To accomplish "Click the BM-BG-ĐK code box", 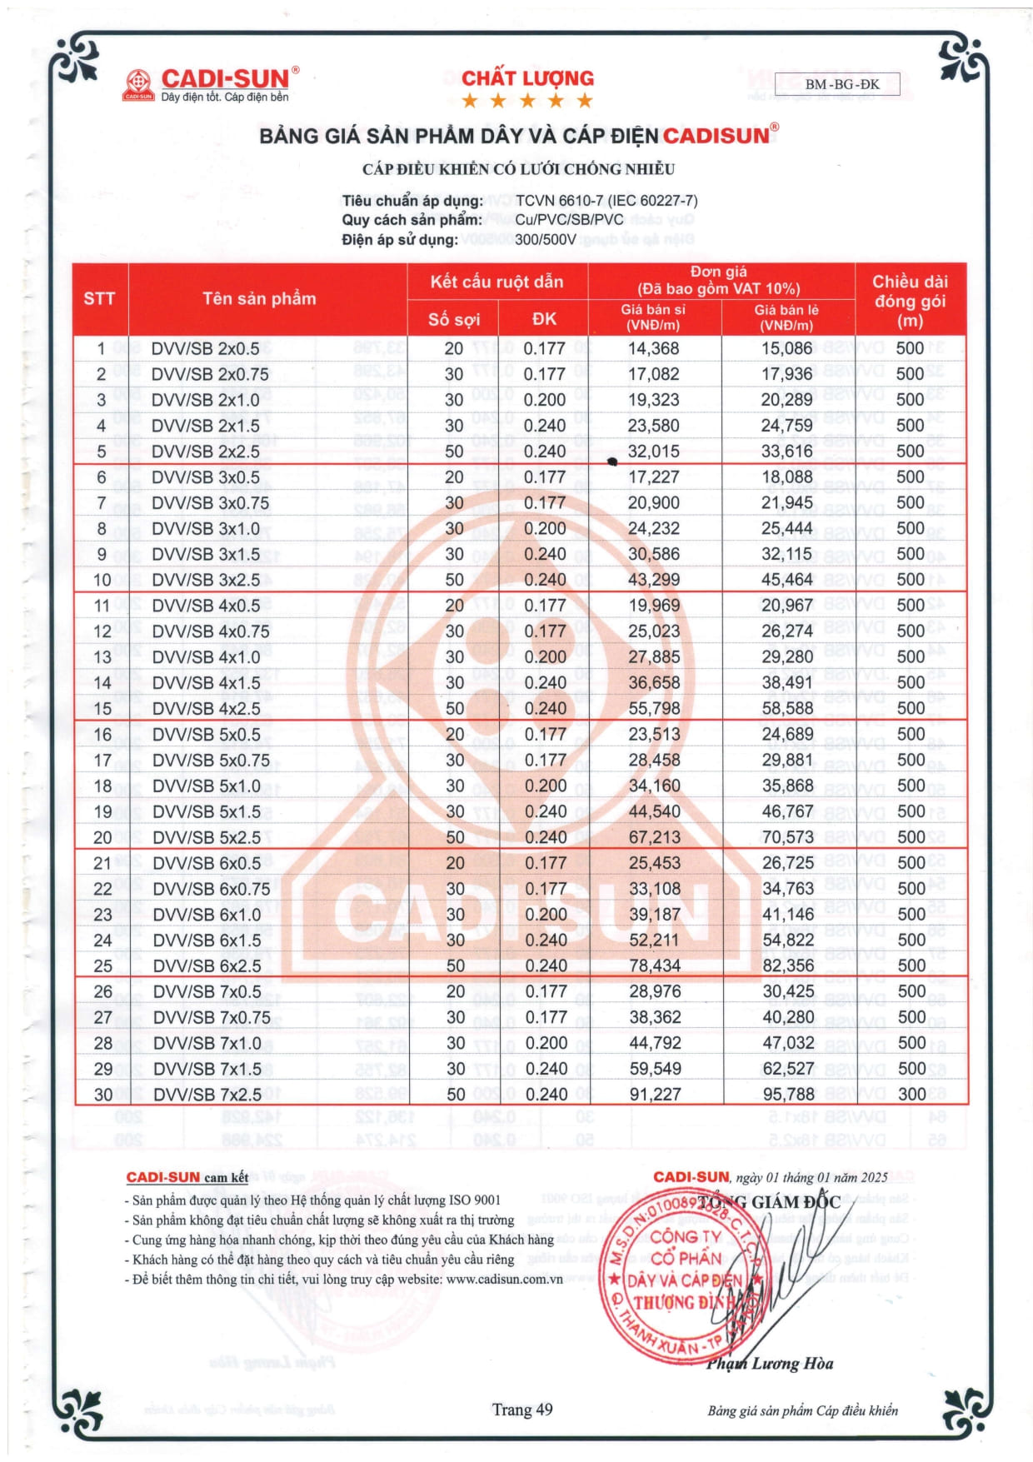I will (x=836, y=84).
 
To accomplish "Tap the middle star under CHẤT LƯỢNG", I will (x=527, y=102).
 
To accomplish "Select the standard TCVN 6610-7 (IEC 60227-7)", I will (x=606, y=201).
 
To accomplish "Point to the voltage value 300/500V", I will (x=546, y=240).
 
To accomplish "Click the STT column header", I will (x=99, y=299).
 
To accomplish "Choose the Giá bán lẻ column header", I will (x=786, y=317).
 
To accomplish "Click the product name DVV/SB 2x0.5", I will (x=205, y=349).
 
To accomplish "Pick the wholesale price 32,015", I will (x=653, y=452).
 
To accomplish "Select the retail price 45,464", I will (x=786, y=580).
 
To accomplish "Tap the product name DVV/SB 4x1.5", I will (x=206, y=683).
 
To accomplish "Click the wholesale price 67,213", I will (x=654, y=837).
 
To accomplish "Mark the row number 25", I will (x=102, y=966).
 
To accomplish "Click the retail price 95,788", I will (x=788, y=1095).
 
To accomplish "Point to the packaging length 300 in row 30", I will (x=911, y=1095).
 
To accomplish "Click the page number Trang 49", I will (x=521, y=1410).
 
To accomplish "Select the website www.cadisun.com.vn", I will (x=504, y=1279).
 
